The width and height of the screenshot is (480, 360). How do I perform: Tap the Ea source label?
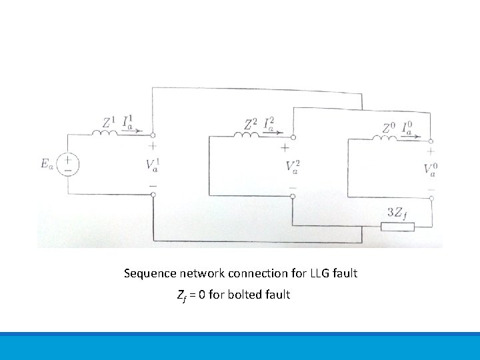coord(45,164)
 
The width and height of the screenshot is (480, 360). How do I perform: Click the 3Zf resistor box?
coord(397,227)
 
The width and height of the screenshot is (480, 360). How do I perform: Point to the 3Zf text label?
coord(397,213)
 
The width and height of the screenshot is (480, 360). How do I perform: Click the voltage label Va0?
coord(431,169)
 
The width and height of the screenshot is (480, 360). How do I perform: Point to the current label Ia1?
coord(131,122)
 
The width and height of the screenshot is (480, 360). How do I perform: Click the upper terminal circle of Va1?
coord(153,133)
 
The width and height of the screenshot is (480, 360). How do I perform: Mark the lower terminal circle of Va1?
coord(153,194)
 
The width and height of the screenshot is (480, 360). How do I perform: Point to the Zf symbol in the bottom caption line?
coord(181,295)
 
